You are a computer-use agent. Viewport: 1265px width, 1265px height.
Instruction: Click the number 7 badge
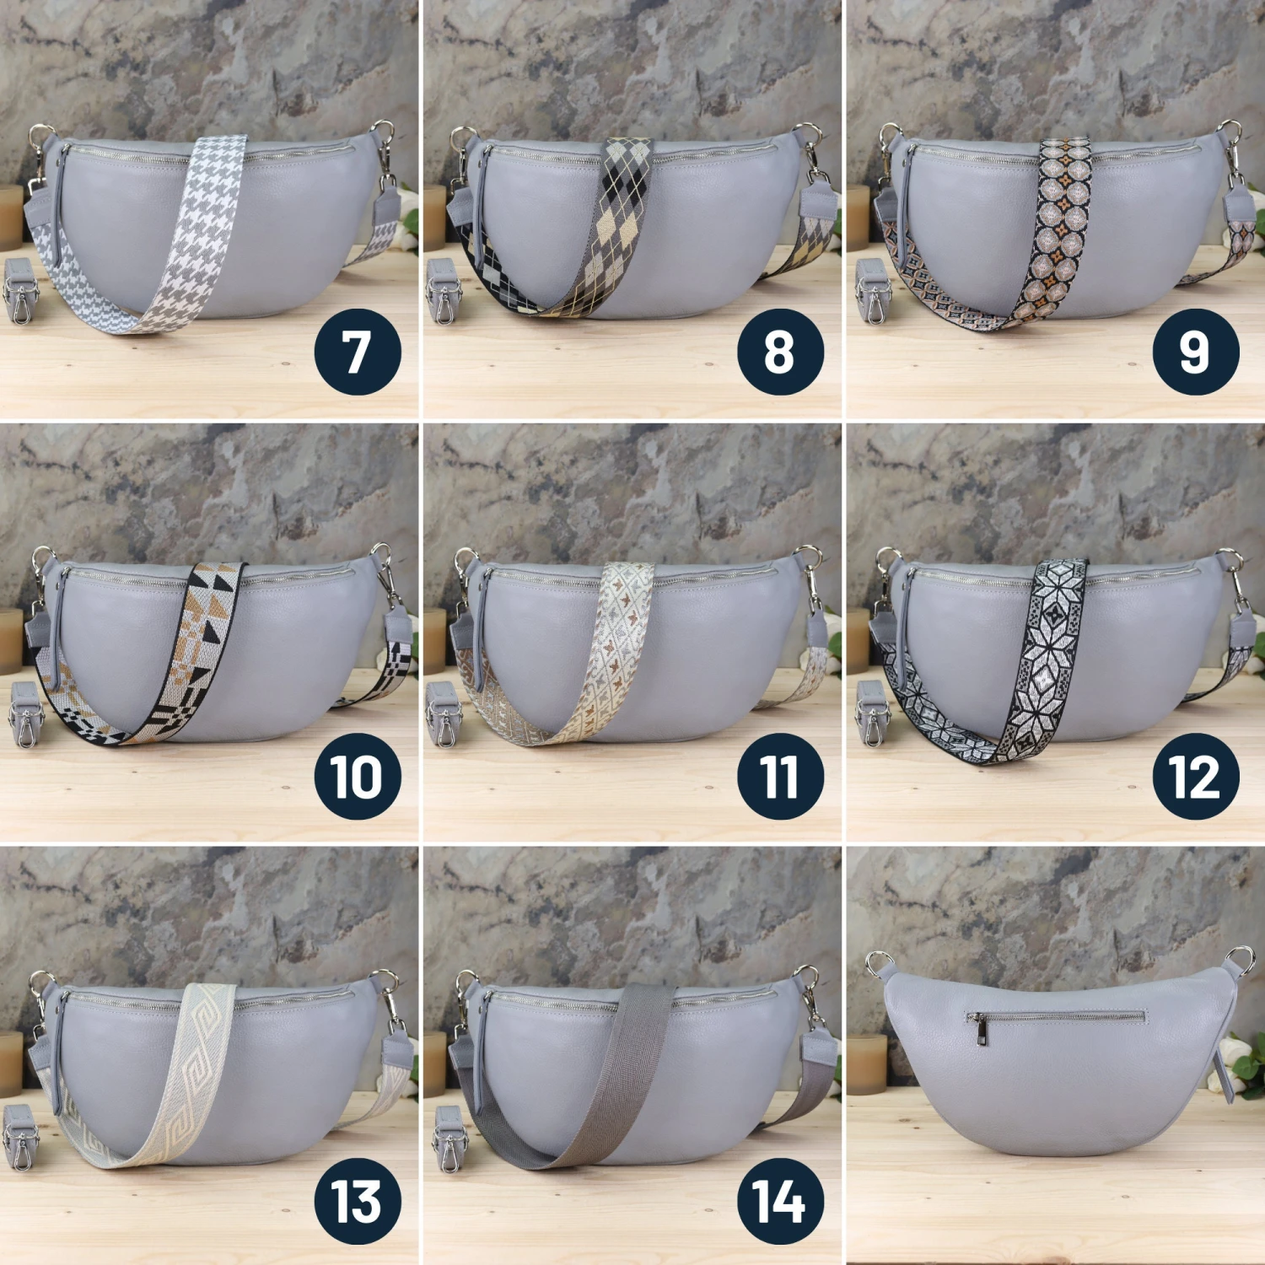point(358,352)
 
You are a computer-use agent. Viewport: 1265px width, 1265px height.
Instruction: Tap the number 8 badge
point(780,352)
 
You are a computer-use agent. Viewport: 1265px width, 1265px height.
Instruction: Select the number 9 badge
point(1195,352)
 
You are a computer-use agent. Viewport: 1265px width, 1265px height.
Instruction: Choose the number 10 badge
point(358,776)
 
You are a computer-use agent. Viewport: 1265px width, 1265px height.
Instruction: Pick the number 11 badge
point(780,776)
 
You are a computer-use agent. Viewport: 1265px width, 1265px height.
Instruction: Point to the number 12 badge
point(1195,776)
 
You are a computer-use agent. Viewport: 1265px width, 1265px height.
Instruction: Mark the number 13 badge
point(358,1200)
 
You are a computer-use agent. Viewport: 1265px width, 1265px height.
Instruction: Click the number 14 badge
point(780,1200)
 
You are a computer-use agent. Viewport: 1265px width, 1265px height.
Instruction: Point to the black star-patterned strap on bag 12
point(1050,649)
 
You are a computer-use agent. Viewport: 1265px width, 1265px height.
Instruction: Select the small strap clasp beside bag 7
point(20,291)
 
